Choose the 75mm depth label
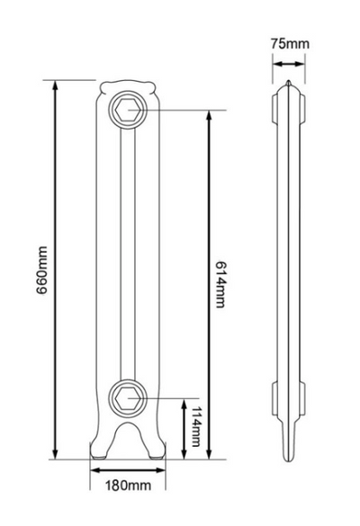[289, 43]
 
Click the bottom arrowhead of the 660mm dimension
[58, 457]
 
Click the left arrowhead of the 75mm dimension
[276, 63]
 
